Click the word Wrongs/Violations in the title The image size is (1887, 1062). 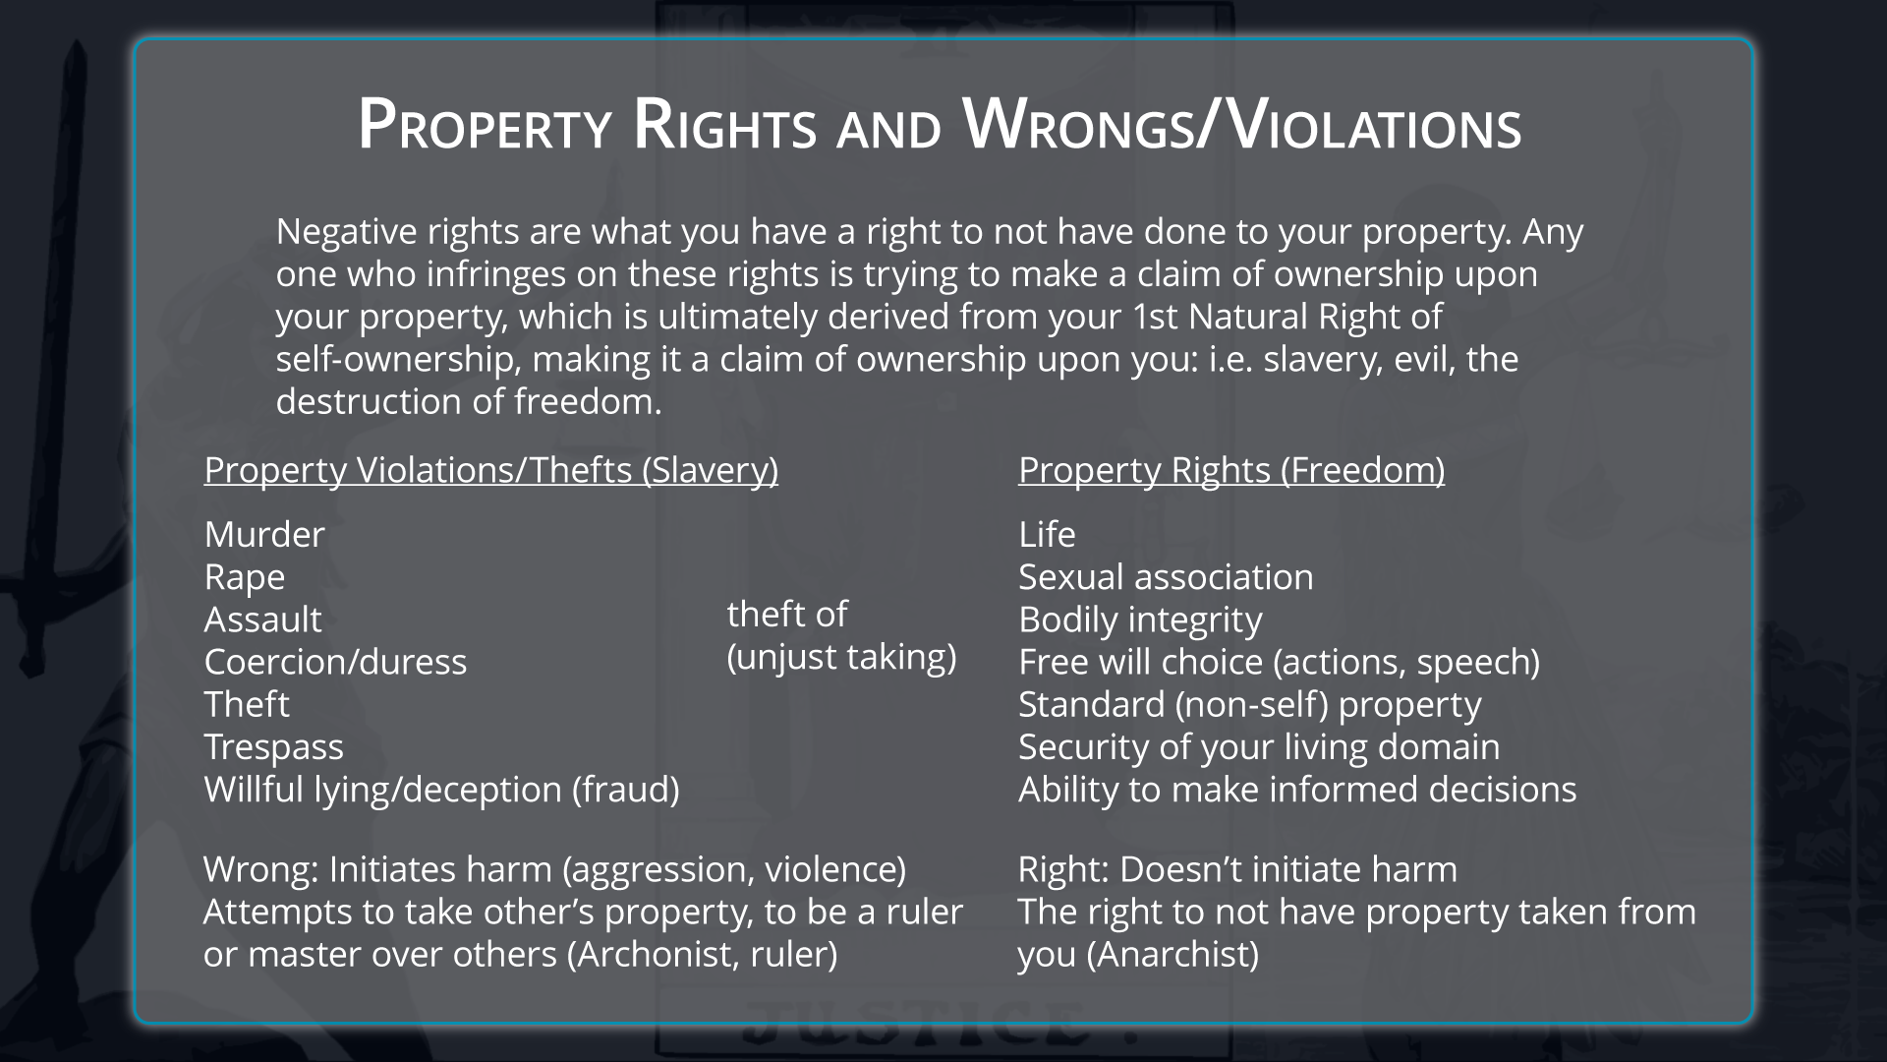1242,126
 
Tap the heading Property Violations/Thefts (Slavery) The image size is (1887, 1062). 491,470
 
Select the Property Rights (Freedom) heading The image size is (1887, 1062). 1231,470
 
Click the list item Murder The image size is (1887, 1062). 264,534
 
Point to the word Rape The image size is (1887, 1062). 245,578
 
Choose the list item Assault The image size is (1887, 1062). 262,619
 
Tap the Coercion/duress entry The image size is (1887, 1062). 335,662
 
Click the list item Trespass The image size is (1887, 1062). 274,747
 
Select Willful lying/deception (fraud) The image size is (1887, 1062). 441,790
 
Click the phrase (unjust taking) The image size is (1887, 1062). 841,657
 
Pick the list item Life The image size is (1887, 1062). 1047,534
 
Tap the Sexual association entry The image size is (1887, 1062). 1166,577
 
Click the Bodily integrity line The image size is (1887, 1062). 1140,620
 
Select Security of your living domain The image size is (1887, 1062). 1259,747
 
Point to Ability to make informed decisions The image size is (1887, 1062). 1297,790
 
